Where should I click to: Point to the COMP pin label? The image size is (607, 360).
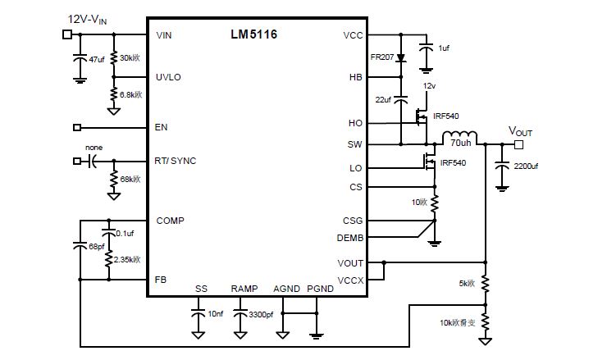click(170, 221)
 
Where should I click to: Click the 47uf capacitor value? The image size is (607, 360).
click(95, 59)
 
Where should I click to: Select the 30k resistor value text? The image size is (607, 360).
click(130, 58)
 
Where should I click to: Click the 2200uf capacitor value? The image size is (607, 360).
click(526, 166)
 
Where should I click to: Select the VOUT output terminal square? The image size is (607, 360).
click(518, 144)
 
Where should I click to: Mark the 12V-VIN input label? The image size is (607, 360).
click(88, 18)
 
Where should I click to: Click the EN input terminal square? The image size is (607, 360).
click(77, 127)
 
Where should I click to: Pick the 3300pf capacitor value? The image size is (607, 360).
click(262, 314)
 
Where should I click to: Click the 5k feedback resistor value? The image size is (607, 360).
click(468, 285)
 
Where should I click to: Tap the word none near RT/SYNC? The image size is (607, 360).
click(93, 148)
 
